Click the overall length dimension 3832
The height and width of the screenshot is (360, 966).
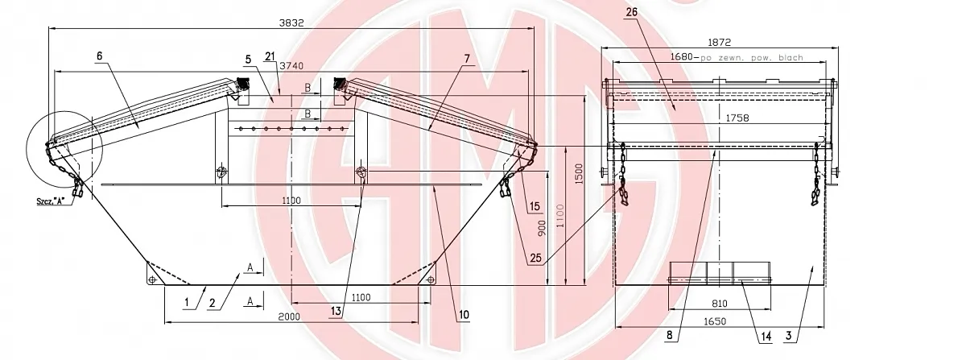click(291, 23)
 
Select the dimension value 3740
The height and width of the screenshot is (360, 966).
click(291, 66)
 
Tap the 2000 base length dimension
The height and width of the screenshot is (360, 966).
click(288, 317)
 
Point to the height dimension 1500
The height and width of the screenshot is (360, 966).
click(579, 173)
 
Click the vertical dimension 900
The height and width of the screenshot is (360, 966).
click(542, 229)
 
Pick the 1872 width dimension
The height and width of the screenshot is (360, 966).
click(720, 43)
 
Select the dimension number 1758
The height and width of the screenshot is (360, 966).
click(737, 118)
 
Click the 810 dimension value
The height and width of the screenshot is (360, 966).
click(720, 304)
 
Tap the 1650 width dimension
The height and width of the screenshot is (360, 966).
click(715, 321)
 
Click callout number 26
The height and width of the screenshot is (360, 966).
click(631, 12)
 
